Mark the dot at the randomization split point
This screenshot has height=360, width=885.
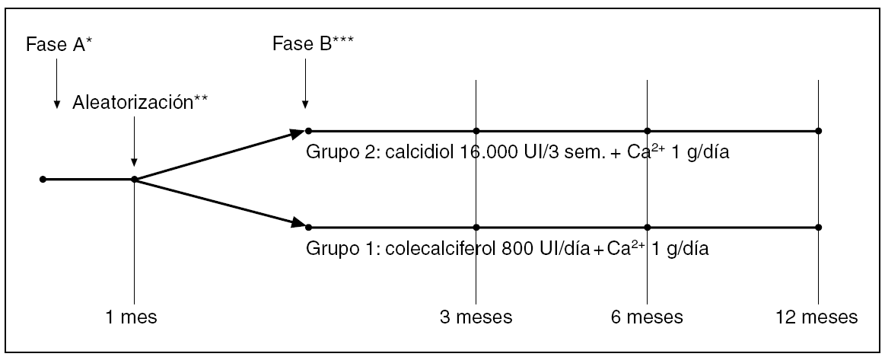134,180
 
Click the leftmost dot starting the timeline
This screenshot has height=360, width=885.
43,180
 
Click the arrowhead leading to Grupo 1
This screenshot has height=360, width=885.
297,223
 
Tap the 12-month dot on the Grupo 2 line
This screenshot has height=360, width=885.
818,131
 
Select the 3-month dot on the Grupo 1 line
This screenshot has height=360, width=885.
476,227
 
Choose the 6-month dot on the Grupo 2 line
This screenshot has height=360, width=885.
647,131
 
